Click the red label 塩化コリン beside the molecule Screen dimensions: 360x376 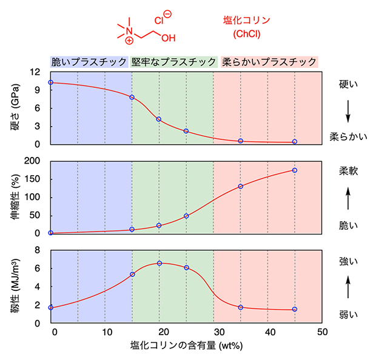tap(246, 20)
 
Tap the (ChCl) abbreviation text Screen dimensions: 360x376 tap(246, 35)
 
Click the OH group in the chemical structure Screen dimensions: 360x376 tap(168, 38)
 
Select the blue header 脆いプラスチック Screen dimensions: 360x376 tap(89, 62)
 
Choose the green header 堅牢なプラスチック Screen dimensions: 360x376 tap(173, 62)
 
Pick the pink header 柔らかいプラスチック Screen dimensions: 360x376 tap(269, 62)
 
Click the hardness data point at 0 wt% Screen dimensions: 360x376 tap(50, 82)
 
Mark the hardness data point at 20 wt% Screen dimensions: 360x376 tap(159, 119)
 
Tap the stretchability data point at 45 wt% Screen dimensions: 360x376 tap(295, 170)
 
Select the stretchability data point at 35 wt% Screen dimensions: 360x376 tap(241, 186)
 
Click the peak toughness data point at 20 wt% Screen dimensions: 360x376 tap(159, 263)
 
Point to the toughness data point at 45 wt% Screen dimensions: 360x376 tap(295, 309)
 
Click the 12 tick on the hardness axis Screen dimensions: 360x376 tap(35, 72)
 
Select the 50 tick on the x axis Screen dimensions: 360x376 tap(322, 332)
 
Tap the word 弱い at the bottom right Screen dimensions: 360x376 tap(348, 314)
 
